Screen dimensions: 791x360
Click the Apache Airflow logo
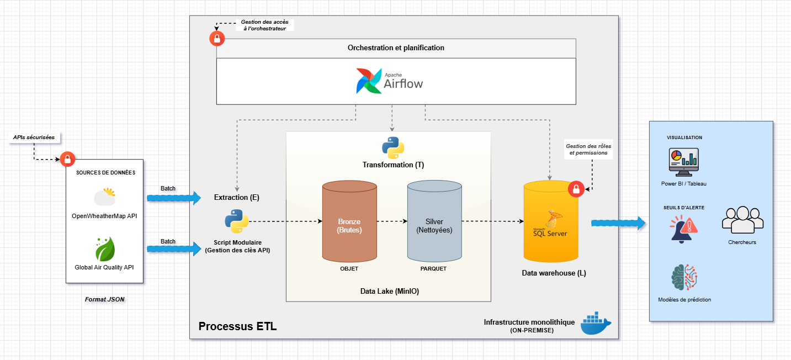[389, 81]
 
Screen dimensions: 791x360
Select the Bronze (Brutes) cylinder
[349, 221]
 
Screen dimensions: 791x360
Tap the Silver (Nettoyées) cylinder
[434, 221]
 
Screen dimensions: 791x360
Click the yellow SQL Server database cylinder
[550, 221]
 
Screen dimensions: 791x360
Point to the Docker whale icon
[596, 323]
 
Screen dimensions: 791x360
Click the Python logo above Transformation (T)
[393, 147]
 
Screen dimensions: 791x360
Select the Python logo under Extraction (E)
[237, 221]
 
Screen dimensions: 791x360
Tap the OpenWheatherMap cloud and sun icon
[105, 197]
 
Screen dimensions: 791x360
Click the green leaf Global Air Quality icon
[105, 249]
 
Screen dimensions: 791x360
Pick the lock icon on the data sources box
[67, 159]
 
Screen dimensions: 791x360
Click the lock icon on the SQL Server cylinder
[576, 189]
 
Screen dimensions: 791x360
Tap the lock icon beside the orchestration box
[217, 39]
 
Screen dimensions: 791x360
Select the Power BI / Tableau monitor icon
[684, 162]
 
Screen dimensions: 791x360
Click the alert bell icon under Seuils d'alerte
[684, 229]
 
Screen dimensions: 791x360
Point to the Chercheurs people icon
[742, 220]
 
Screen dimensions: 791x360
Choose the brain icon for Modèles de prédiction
[684, 277]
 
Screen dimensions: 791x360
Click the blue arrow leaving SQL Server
[618, 223]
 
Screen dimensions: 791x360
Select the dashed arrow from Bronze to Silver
[392, 221]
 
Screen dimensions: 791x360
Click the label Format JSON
[104, 299]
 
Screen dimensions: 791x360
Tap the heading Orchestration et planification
[396, 47]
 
